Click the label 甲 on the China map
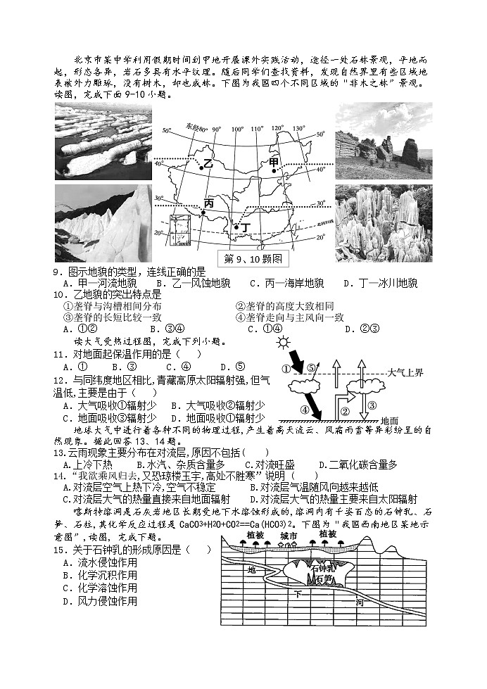coord(274,163)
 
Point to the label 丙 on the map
coord(208,203)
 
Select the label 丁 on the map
coord(245,228)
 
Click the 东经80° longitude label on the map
coord(194,127)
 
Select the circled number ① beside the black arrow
coord(286,369)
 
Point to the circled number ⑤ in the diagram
coord(311,368)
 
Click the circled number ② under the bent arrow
coord(345,410)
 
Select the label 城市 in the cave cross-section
coord(289,536)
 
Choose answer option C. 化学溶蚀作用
coord(99,588)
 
